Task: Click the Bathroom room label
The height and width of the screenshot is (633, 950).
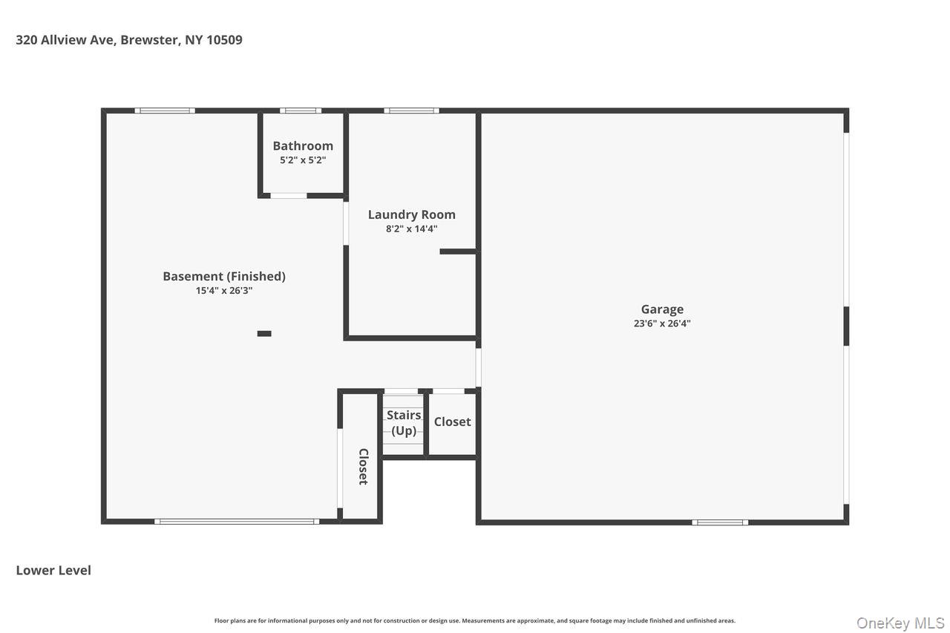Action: [x=303, y=146]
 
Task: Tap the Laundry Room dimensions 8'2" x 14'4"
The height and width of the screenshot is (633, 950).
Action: [x=411, y=229]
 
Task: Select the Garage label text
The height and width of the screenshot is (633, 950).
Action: [x=662, y=309]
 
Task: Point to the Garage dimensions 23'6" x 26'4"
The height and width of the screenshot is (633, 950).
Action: [x=662, y=324]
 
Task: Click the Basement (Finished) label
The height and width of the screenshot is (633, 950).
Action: [x=224, y=277]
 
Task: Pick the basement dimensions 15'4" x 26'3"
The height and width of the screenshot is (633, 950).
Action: [x=224, y=291]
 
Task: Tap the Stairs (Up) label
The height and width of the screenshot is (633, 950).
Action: [x=404, y=423]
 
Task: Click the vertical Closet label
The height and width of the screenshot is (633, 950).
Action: [x=364, y=466]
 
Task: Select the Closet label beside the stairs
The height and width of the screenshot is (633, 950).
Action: [x=452, y=422]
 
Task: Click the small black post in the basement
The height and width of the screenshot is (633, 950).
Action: [x=264, y=334]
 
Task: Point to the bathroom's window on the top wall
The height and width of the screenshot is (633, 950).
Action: [x=301, y=111]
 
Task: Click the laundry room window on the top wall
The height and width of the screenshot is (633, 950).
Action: [x=411, y=111]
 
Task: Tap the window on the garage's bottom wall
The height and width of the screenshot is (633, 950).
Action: [x=720, y=522]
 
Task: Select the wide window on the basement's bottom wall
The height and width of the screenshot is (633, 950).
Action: [x=237, y=522]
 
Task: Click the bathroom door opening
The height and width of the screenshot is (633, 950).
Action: [x=289, y=196]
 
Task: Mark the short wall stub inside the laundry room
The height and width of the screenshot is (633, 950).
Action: [x=458, y=252]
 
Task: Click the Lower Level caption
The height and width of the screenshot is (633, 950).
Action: [x=53, y=571]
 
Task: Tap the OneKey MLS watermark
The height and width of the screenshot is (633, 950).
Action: [x=900, y=623]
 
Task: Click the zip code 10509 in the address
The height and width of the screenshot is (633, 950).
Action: [x=224, y=40]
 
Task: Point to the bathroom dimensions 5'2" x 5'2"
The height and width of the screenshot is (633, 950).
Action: [x=303, y=160]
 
